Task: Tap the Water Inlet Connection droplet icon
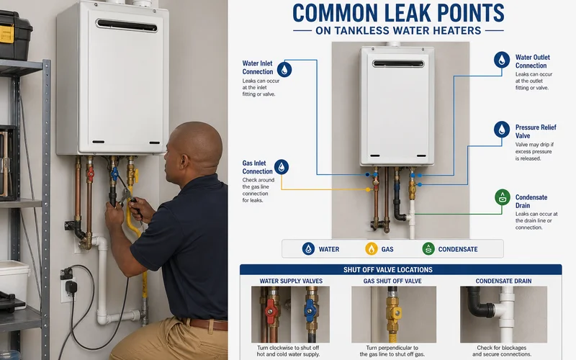pyautogui.click(x=285, y=69)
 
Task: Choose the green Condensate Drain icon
pyautogui.click(x=502, y=197)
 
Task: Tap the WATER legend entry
pyautogui.click(x=320, y=249)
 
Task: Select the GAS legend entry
pyautogui.click(x=380, y=249)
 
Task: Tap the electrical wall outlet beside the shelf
pyautogui.click(x=67, y=282)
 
